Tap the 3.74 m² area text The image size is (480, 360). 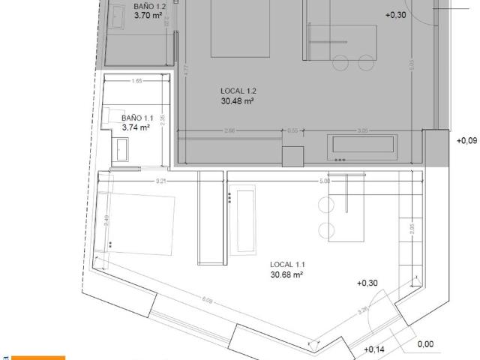(x=136, y=127)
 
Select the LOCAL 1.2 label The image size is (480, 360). (x=239, y=91)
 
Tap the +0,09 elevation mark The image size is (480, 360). (x=466, y=139)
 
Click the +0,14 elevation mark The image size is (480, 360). (x=373, y=349)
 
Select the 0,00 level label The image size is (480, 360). (x=425, y=344)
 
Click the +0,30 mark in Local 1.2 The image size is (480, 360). (x=394, y=14)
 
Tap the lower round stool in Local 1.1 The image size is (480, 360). (x=326, y=229)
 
